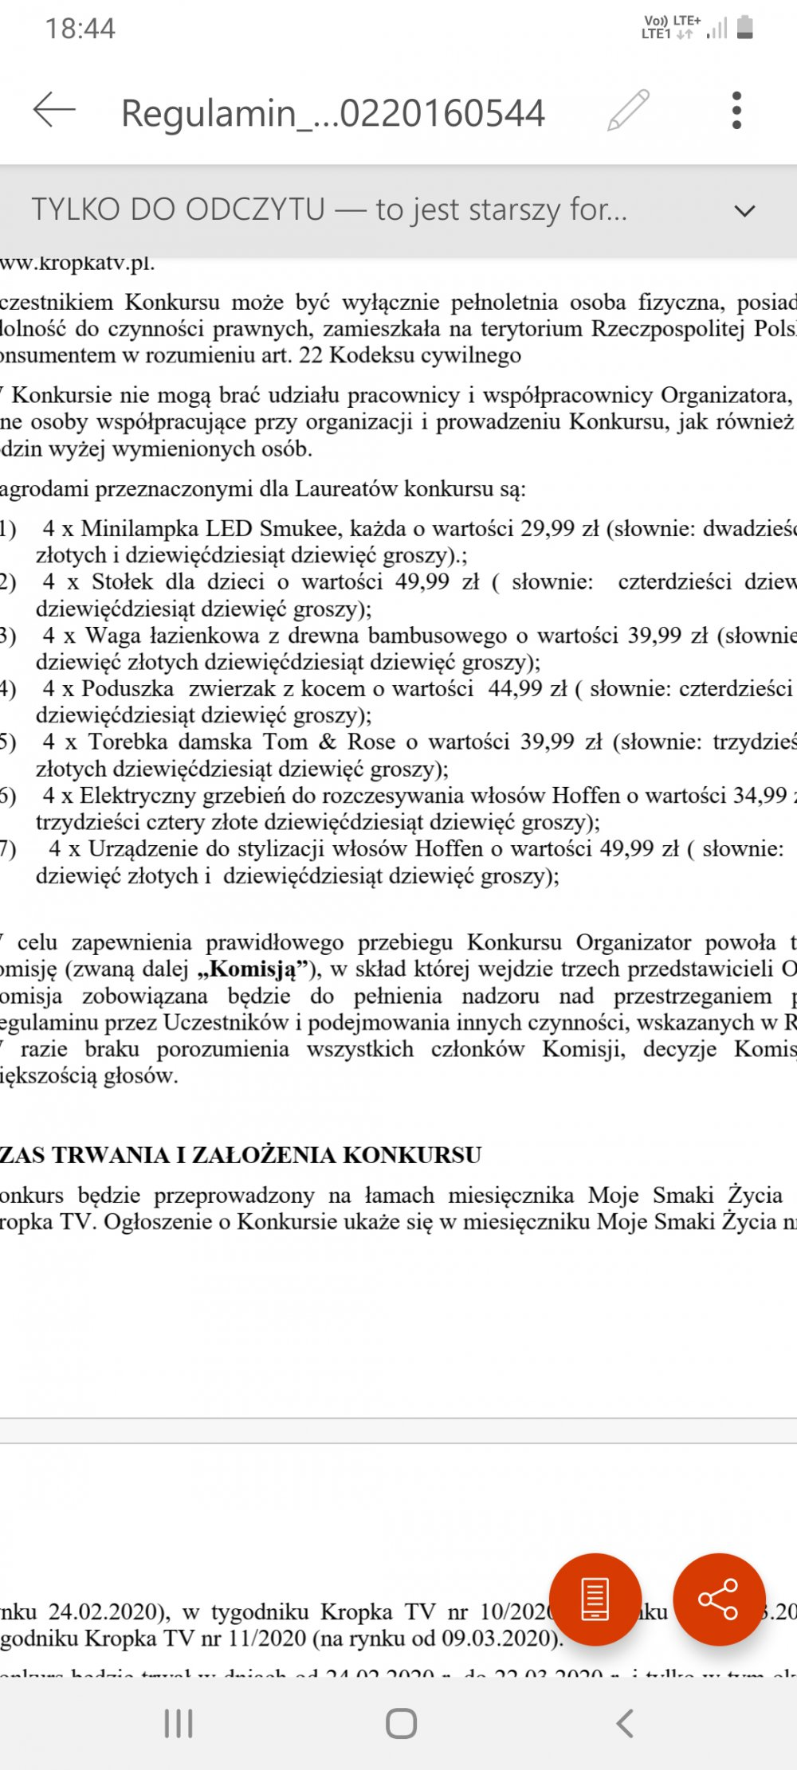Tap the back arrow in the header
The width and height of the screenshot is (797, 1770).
tap(54, 111)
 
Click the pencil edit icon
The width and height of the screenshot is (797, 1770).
tap(628, 111)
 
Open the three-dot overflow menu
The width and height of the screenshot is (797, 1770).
tap(736, 111)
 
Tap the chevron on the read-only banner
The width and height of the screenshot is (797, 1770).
tap(744, 211)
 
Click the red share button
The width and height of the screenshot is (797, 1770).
tap(718, 1599)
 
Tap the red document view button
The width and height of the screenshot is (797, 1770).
tap(595, 1599)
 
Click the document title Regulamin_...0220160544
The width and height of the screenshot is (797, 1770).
tap(332, 112)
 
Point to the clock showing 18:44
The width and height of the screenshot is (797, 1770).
tap(80, 29)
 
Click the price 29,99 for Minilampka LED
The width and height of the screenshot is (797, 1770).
tap(547, 528)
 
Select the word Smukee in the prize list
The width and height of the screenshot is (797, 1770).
tap(301, 528)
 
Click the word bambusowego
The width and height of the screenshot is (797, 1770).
tap(430, 635)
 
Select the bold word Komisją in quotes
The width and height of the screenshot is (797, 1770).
tap(252, 969)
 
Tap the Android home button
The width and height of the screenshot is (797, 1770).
tap(401, 1724)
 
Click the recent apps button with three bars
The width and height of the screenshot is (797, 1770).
tap(179, 1724)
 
